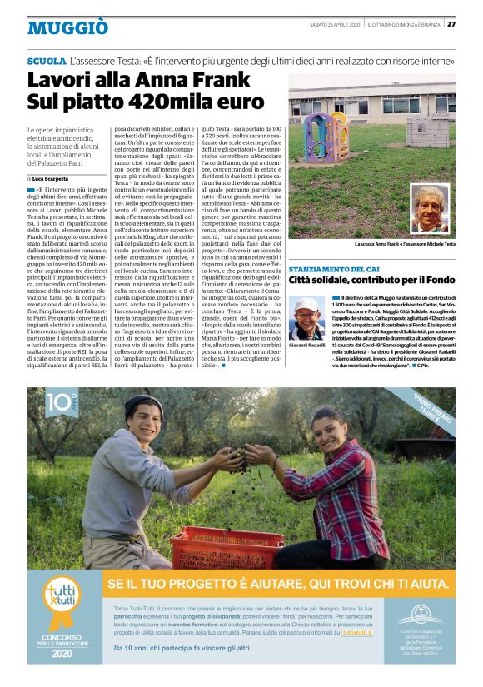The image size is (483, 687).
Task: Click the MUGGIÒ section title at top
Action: tap(67, 27)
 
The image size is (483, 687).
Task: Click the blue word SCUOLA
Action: tap(47, 62)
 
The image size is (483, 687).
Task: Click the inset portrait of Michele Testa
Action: tap(430, 208)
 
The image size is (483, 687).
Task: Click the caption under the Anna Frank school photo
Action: tap(404, 244)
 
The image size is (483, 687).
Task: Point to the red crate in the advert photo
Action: tap(217, 545)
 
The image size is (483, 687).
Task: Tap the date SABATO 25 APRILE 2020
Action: tap(334, 23)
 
